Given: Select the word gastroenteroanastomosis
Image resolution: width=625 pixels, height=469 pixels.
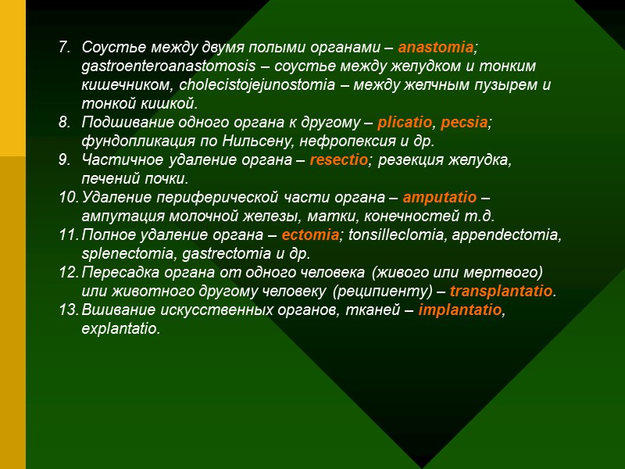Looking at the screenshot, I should point(157,66).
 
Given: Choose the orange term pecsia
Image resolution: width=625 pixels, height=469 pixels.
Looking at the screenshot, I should point(466,124).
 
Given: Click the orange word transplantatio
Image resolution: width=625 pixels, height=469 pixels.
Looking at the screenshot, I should point(502,292).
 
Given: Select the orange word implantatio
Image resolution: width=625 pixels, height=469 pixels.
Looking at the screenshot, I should point(459,311).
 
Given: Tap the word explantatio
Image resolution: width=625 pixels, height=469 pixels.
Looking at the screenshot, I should point(120,330).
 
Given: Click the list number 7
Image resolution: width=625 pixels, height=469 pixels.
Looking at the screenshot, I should point(65,47).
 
